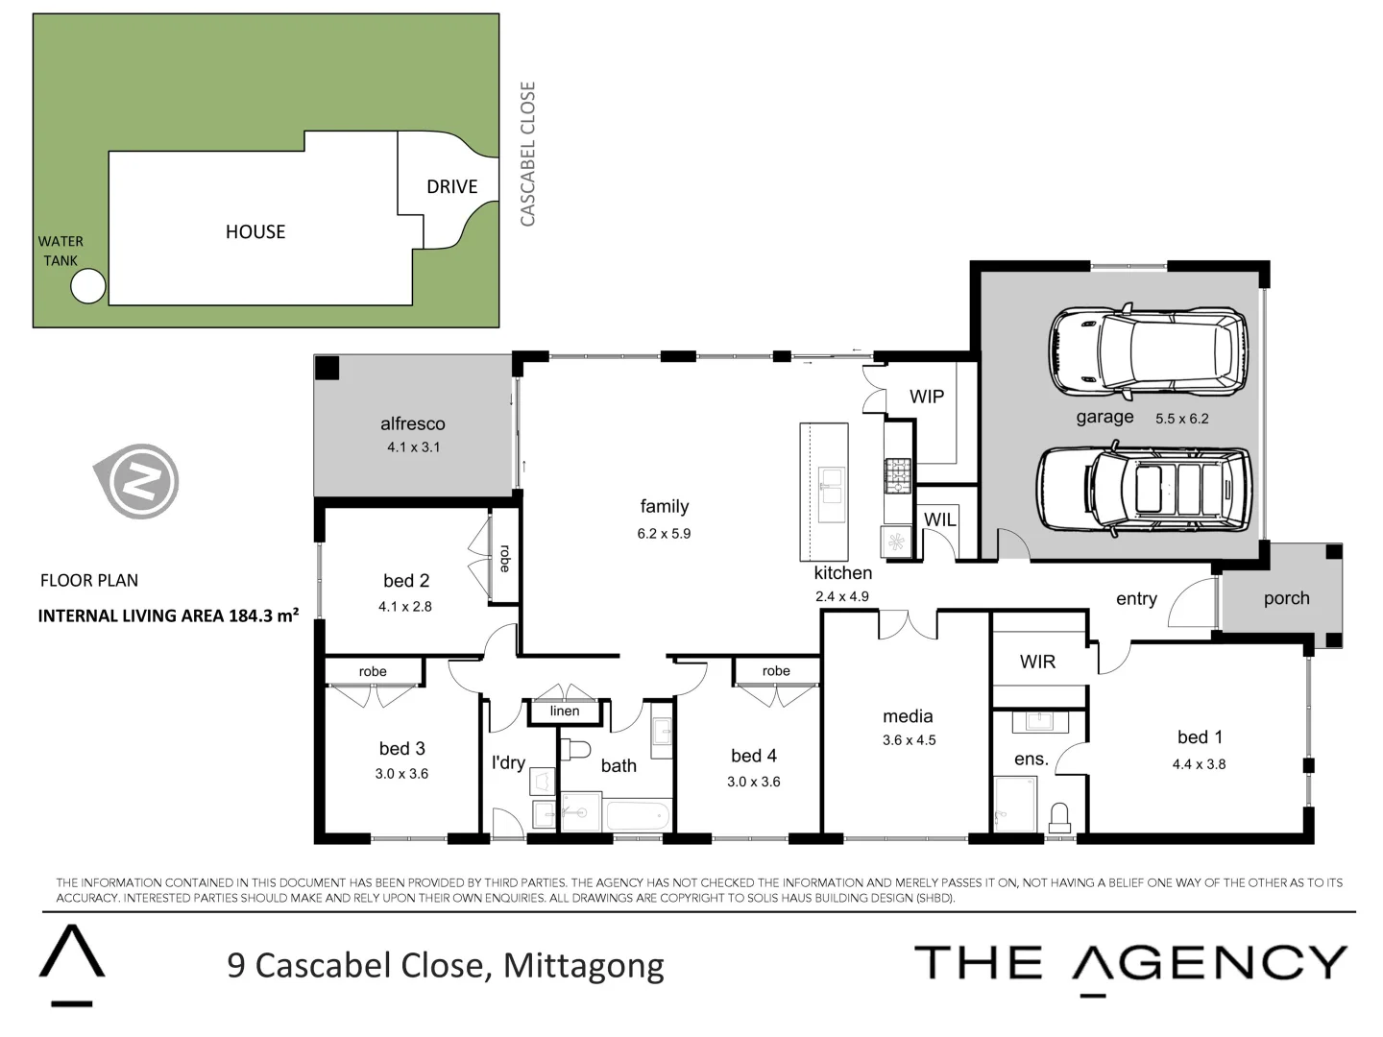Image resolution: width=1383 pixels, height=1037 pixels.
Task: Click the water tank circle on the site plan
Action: (88, 286)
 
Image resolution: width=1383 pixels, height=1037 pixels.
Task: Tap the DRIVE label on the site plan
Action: (451, 186)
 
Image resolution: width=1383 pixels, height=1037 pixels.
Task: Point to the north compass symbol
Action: (140, 481)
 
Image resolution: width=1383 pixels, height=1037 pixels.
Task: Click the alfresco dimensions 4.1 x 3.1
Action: (413, 447)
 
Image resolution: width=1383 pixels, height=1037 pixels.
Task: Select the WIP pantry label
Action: (927, 397)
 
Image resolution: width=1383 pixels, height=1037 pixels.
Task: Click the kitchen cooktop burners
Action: (897, 475)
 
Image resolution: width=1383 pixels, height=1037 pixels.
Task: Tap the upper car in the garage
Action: (1148, 351)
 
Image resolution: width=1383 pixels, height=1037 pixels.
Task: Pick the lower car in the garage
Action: (1143, 490)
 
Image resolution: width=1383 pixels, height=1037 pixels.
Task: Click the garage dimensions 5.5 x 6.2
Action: (1181, 419)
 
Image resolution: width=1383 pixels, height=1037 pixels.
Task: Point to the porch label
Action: (1286, 598)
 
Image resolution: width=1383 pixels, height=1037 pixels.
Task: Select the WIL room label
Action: (939, 519)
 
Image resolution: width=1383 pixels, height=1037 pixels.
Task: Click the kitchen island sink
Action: (830, 486)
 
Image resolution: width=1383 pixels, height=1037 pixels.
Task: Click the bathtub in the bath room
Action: (637, 816)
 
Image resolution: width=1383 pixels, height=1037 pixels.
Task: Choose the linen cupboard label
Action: (565, 711)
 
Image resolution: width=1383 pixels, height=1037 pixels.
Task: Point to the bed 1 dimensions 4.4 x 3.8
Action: (1199, 764)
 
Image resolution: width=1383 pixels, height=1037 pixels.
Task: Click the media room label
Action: (908, 716)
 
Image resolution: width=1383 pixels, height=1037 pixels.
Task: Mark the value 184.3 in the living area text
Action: (251, 615)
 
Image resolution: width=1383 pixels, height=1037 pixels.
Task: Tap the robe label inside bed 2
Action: (505, 559)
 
